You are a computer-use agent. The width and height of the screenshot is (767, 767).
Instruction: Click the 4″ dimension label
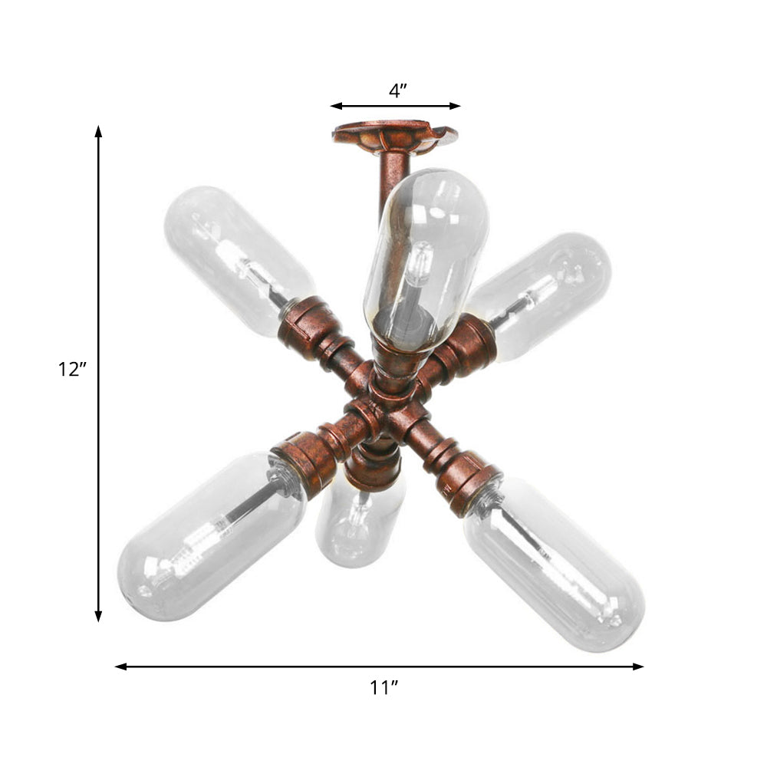click(x=397, y=91)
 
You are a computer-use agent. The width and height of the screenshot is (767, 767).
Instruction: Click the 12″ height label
click(x=74, y=370)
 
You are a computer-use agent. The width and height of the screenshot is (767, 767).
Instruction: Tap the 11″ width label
click(x=381, y=688)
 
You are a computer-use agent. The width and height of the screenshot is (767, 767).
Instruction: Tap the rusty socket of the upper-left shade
click(x=311, y=326)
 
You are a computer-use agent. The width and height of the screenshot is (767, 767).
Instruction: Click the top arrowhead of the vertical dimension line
click(x=98, y=130)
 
